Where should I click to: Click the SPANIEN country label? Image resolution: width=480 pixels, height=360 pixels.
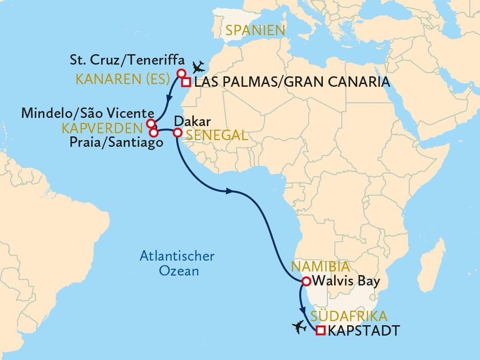255,31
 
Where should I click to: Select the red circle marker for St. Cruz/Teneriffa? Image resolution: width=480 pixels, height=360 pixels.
181,74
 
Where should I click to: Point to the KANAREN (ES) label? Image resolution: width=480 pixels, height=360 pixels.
122,80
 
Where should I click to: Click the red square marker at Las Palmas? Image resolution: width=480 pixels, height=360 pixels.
186,82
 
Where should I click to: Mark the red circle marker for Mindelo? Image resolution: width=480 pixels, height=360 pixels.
151,124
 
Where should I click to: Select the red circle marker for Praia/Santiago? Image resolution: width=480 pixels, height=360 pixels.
154,133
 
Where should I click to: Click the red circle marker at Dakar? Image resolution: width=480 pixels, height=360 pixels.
177,133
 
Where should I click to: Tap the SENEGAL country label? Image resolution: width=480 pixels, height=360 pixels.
217,135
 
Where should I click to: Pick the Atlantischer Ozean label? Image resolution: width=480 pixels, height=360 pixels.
177,264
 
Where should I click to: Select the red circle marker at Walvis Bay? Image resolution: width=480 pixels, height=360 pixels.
306,281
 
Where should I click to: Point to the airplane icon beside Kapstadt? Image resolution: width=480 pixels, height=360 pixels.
299,326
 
